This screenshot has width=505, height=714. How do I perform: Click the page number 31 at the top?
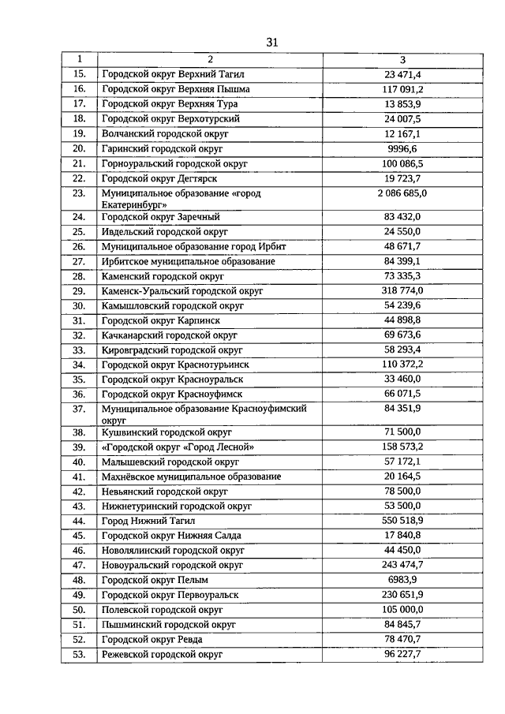(272, 42)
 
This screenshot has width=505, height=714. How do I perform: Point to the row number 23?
(79, 193)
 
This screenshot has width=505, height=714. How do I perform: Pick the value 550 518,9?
(403, 521)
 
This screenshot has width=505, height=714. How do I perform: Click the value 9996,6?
(403, 148)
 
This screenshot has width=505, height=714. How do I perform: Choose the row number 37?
(79, 409)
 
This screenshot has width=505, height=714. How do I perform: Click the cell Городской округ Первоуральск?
(170, 595)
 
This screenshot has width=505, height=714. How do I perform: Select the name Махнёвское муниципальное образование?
(191, 477)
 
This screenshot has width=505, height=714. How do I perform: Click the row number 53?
(79, 655)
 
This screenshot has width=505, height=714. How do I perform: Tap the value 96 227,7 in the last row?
(403, 655)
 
